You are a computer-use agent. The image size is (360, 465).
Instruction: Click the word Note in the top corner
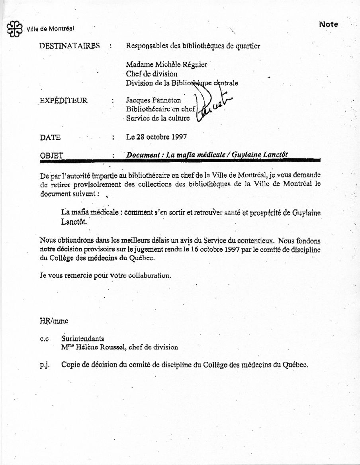(x=329, y=25)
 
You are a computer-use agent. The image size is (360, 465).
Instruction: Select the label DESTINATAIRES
(x=70, y=46)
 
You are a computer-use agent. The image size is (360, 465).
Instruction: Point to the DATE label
(x=51, y=137)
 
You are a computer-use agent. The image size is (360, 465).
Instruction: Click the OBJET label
(x=52, y=155)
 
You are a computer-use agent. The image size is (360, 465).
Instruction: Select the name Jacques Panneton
(x=153, y=101)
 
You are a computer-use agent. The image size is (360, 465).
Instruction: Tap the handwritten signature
(x=211, y=104)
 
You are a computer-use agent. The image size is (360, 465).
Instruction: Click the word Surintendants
(x=83, y=339)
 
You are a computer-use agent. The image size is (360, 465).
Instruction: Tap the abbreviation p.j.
(x=44, y=365)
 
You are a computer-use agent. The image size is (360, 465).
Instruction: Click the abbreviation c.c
(x=44, y=339)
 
